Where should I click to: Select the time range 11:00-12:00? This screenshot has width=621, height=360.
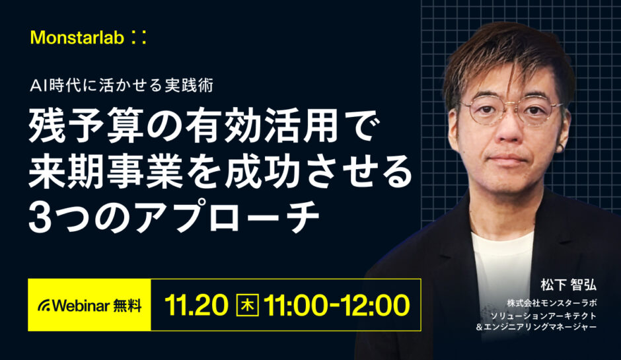(x=336, y=305)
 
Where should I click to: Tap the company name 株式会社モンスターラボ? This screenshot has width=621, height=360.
(x=552, y=303)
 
